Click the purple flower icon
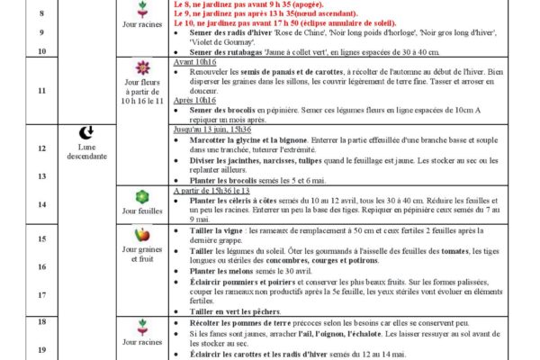[141, 67]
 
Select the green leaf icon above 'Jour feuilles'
[141, 196]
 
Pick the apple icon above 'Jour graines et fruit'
[141, 235]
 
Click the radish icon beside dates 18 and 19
[141, 326]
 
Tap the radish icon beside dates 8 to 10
[141, 6]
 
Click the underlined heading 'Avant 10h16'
[195, 62]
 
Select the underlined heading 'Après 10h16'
[195, 100]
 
